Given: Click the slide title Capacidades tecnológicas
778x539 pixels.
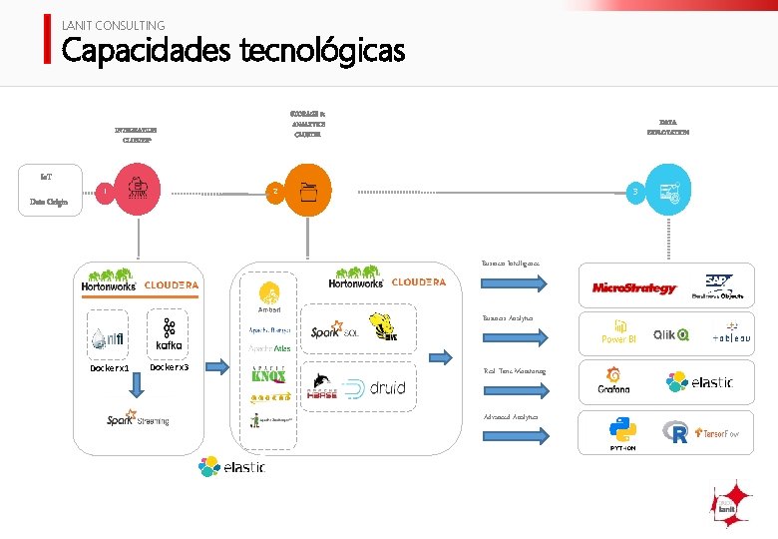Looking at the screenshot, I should click(232, 49).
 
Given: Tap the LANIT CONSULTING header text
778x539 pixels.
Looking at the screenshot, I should click(113, 25).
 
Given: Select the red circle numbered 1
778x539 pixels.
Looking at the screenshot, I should click(105, 192).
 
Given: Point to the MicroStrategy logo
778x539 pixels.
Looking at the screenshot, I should click(633, 288).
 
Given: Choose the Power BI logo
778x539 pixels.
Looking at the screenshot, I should click(618, 332).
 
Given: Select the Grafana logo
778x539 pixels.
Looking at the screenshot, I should click(613, 382).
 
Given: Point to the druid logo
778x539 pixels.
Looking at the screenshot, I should click(374, 387).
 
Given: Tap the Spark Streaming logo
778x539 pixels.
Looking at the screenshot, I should click(138, 420).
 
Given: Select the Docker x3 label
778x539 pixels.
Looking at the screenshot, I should click(169, 367).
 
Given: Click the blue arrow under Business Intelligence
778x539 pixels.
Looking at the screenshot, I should click(514, 283).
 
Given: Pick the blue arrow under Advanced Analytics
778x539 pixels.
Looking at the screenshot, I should click(514, 435).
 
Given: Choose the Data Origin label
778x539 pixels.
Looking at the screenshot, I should click(48, 203).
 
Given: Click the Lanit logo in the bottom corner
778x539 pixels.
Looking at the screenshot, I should click(729, 504).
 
